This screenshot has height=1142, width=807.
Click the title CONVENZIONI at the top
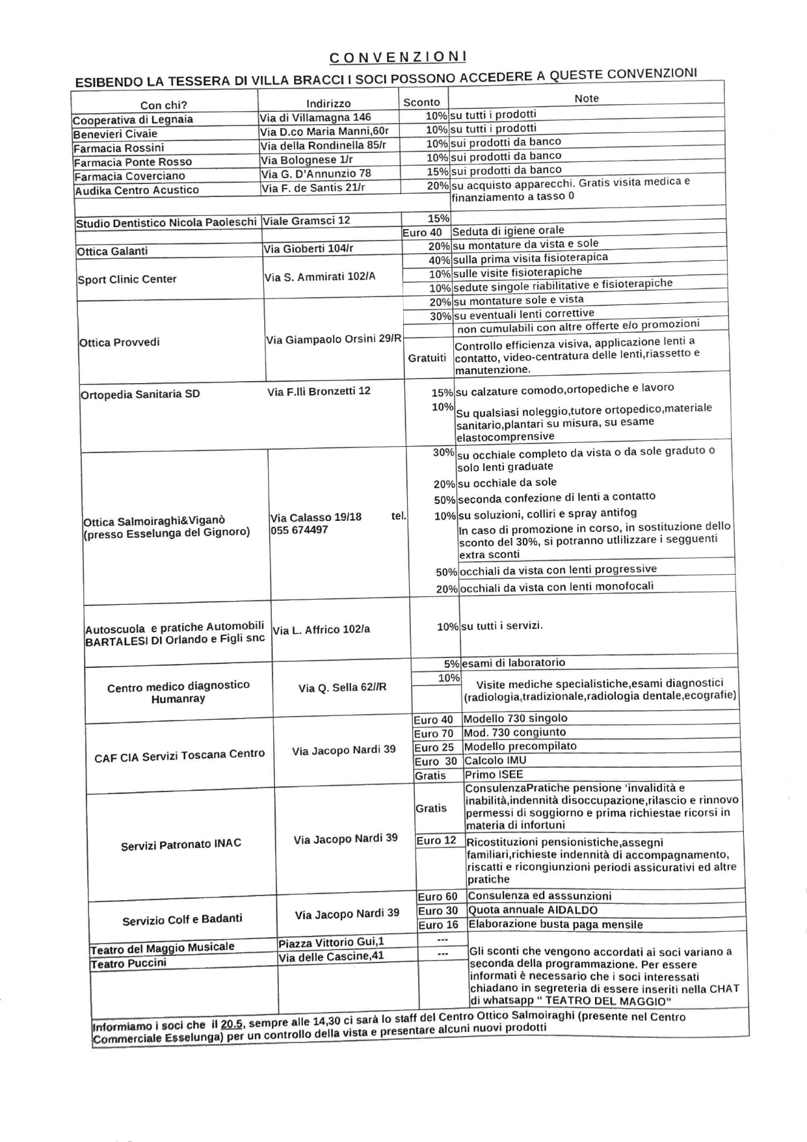tap(398, 57)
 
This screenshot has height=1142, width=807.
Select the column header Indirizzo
tap(328, 103)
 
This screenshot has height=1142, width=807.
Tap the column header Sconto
tap(421, 102)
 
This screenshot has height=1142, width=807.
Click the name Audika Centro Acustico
tap(137, 190)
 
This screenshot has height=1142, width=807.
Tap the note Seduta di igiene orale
tap(509, 231)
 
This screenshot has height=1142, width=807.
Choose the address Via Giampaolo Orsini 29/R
tap(334, 339)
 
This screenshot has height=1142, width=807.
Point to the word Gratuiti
tap(427, 358)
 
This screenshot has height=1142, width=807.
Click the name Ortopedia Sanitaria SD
tap(140, 394)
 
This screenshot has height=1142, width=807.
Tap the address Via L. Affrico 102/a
tap(321, 630)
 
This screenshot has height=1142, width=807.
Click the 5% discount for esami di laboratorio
tap(451, 664)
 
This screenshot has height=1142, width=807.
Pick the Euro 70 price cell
tap(433, 734)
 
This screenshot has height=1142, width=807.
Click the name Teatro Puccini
tap(128, 963)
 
